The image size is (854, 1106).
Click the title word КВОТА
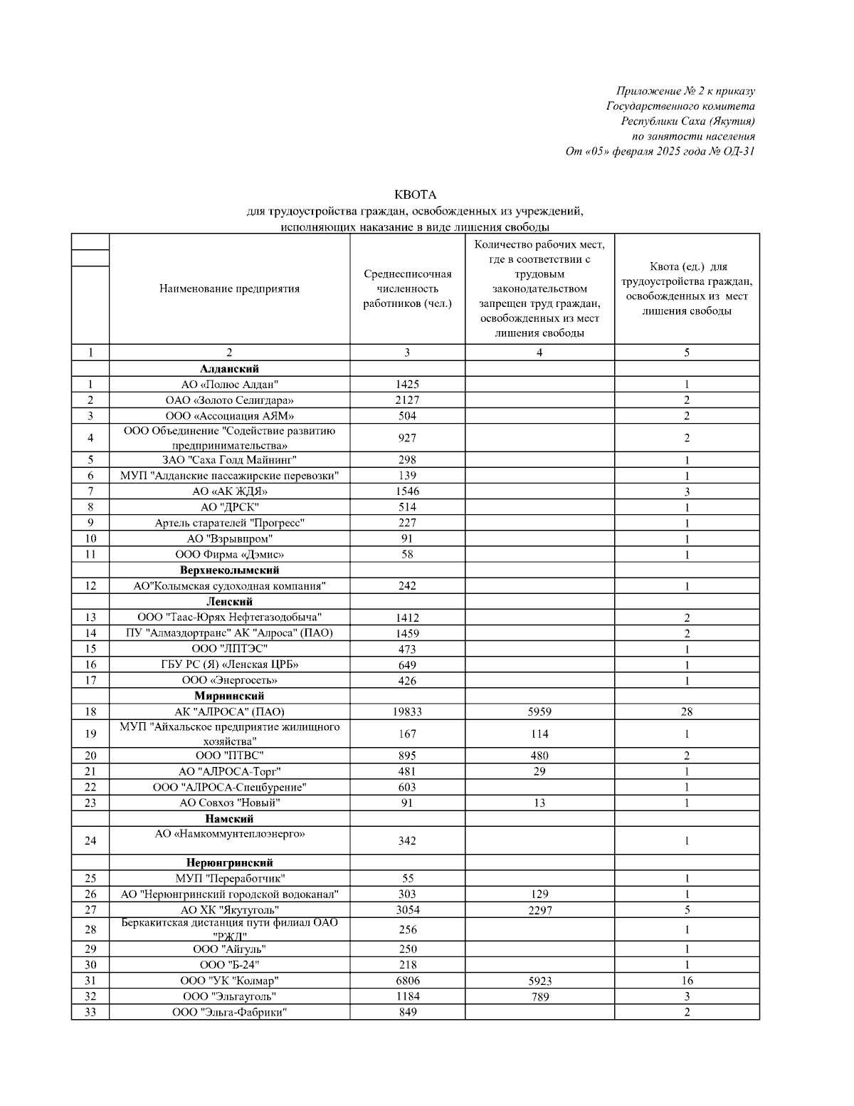(x=415, y=194)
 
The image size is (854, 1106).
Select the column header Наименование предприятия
(x=229, y=288)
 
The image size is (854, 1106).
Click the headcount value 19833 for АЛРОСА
(x=407, y=711)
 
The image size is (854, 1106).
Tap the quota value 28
(x=686, y=711)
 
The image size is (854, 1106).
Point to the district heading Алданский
(x=229, y=369)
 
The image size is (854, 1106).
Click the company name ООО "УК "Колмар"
(x=229, y=981)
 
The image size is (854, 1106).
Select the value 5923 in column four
(x=539, y=981)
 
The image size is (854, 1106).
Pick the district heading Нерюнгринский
(x=229, y=863)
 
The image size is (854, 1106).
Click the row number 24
(x=90, y=841)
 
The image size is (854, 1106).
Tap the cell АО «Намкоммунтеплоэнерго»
(x=229, y=833)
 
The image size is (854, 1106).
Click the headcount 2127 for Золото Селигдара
(x=407, y=400)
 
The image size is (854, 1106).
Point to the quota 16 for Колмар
(x=686, y=981)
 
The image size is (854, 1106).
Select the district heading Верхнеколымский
(x=229, y=570)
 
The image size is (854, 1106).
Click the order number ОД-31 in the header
(x=739, y=151)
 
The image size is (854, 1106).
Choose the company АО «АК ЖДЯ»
(x=229, y=491)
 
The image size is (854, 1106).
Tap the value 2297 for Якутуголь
(x=539, y=910)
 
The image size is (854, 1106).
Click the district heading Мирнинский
(x=229, y=696)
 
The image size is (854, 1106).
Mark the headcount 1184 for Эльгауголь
(x=407, y=996)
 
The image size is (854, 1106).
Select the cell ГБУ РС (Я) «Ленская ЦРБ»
(x=229, y=664)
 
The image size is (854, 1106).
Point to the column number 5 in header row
(x=686, y=353)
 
